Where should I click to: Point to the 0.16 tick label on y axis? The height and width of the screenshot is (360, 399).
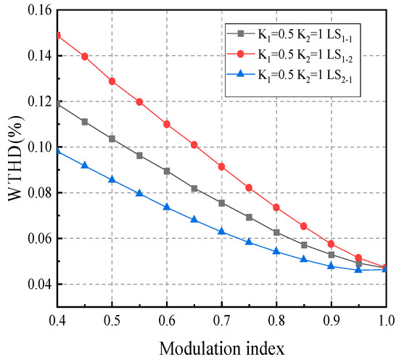pos(34,10)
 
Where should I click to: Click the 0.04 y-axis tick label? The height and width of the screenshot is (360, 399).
pos(34,284)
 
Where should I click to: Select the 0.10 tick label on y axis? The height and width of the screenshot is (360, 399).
pos(34,147)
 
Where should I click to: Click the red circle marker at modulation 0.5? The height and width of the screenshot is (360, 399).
pos(112,81)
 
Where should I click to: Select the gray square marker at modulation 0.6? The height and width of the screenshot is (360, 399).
pos(167,171)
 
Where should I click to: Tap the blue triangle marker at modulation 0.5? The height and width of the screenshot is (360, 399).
pos(112,179)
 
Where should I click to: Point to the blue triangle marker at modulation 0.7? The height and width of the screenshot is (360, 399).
pos(221,232)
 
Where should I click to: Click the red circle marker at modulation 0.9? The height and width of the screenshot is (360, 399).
pos(331,244)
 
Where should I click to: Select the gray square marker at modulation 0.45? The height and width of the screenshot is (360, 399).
pos(85,122)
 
